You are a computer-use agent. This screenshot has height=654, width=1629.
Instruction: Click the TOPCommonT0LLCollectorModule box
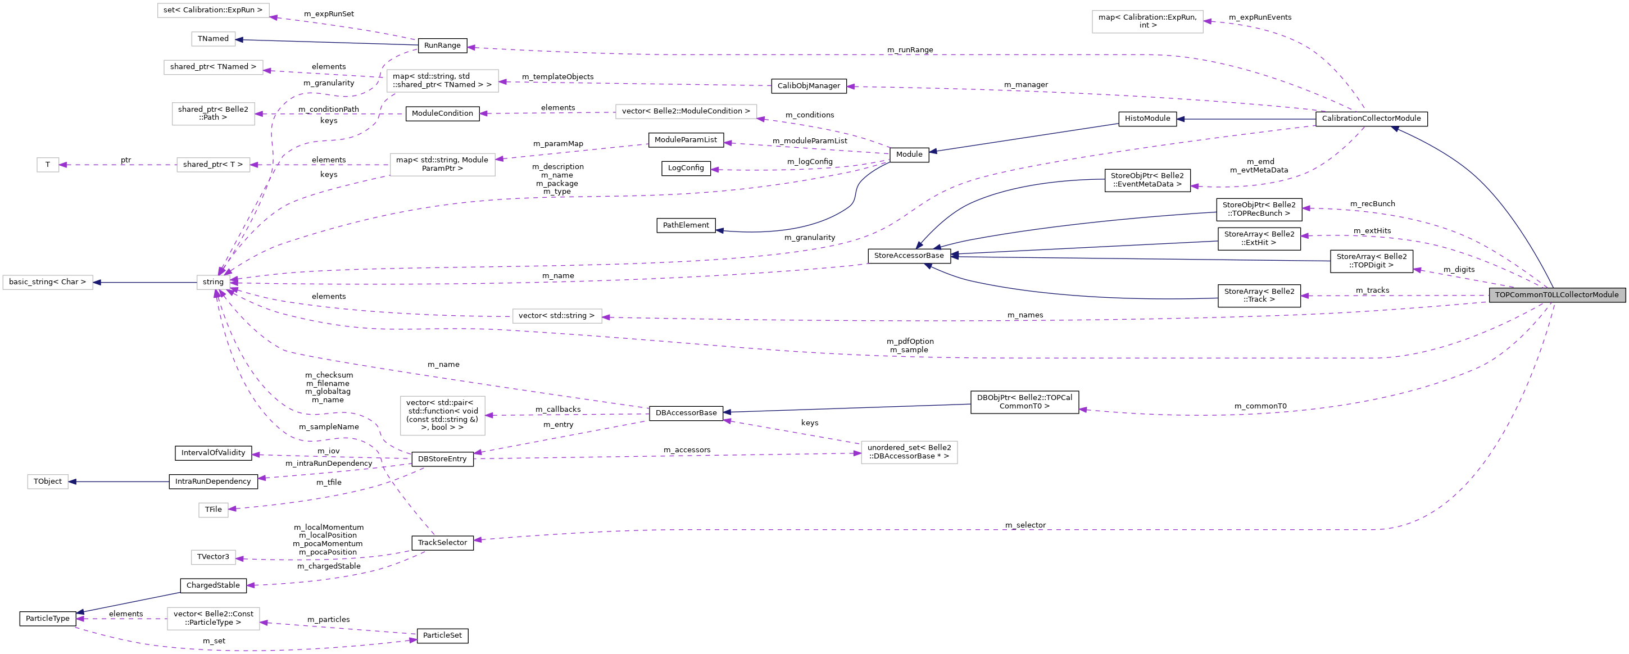pos(1557,295)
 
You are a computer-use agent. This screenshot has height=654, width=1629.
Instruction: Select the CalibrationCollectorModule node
pos(1371,119)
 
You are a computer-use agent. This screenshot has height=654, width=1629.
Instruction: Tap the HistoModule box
pos(1147,119)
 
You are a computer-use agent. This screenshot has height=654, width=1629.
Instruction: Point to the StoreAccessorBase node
pos(909,256)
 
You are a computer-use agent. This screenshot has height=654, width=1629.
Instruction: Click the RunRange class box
pos(443,46)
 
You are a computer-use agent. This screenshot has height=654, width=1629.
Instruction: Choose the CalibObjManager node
pos(809,86)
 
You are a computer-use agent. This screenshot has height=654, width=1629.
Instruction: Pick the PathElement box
pos(686,225)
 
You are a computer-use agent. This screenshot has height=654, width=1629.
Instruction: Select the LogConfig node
pos(686,168)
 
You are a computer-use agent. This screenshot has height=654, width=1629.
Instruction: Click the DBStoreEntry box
pos(443,459)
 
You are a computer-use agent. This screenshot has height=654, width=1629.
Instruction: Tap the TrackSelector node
pos(443,543)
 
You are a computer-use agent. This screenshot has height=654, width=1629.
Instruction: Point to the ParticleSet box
pos(443,635)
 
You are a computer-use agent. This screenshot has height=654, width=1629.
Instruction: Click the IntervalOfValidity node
pos(213,453)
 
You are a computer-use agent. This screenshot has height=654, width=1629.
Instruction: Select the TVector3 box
pos(213,557)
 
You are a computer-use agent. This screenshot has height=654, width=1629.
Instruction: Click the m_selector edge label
pos(1025,525)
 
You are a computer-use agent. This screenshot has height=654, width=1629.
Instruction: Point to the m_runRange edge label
pos(910,49)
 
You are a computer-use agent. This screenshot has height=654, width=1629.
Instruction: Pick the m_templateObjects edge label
pos(558,77)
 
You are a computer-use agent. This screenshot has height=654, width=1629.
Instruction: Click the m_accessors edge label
pos(687,449)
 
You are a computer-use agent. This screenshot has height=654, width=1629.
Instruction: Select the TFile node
pos(213,510)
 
